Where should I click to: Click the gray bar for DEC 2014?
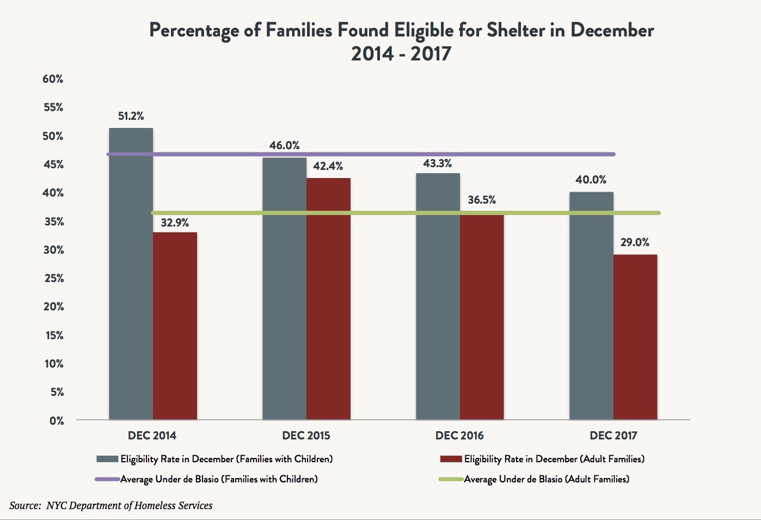131,283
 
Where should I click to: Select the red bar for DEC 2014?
175,327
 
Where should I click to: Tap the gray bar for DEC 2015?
284,294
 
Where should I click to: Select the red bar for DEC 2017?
635,338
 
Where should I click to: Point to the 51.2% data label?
131,116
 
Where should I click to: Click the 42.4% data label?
328,166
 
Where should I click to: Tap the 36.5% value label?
482,200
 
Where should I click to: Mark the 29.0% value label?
635,242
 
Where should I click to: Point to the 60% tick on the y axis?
53,79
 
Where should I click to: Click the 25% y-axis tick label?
53,278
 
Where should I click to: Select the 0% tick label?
57,420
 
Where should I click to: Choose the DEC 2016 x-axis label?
459,436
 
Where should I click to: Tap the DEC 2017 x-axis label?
613,436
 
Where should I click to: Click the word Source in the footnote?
24,505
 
